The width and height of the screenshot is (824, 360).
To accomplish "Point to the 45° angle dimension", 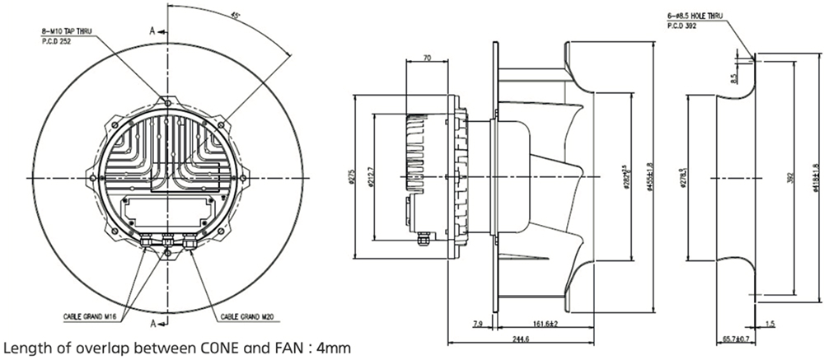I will [236, 16].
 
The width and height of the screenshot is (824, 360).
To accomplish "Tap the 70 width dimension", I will [427, 58].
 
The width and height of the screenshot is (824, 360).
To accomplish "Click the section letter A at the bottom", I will [152, 321].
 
